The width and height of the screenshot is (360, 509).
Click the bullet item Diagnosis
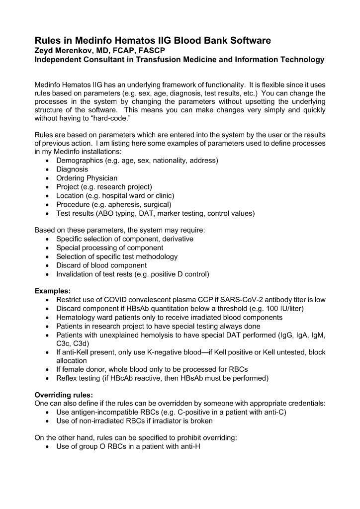coord(72,169)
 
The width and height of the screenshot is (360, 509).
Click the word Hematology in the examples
coord(78,317)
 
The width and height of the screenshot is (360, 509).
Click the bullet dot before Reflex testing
coord(47,379)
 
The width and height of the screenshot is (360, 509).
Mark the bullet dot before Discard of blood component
coord(47,265)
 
